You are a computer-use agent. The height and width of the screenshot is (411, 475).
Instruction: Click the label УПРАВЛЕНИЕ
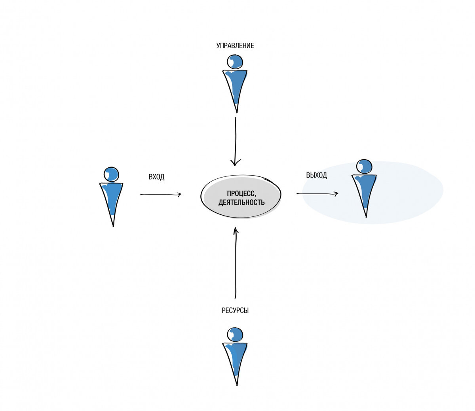click(x=235, y=45)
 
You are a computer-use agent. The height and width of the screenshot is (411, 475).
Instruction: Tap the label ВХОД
click(x=156, y=177)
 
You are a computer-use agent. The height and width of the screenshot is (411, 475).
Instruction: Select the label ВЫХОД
click(x=316, y=175)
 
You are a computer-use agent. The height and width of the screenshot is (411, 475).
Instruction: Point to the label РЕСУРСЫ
click(x=235, y=311)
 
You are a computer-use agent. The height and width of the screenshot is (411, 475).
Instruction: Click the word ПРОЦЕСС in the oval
click(x=241, y=193)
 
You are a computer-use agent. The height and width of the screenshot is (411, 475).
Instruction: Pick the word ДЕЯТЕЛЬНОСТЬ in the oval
click(x=241, y=202)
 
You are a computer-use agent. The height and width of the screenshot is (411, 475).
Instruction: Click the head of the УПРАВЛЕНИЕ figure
click(x=235, y=62)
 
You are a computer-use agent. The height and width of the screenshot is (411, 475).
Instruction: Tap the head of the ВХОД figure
click(x=112, y=174)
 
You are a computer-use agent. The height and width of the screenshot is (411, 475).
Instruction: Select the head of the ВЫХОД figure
click(x=364, y=166)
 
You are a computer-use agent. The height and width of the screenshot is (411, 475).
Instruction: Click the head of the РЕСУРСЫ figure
click(x=235, y=335)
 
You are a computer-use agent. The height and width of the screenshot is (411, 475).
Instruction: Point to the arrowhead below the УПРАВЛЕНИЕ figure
click(x=235, y=162)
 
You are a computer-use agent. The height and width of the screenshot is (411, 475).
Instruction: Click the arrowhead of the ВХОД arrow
click(x=179, y=195)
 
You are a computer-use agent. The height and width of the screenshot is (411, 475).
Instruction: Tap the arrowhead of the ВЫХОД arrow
click(x=336, y=194)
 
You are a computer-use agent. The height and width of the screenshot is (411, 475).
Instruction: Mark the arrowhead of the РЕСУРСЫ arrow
click(x=235, y=230)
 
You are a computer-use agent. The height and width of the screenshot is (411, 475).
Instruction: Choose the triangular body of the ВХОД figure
click(x=112, y=200)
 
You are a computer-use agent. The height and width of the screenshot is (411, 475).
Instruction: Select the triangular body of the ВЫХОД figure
click(x=365, y=191)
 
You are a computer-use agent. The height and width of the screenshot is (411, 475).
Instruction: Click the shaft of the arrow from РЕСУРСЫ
click(x=235, y=264)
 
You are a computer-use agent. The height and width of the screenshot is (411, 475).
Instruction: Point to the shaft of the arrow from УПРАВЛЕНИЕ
click(x=236, y=140)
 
